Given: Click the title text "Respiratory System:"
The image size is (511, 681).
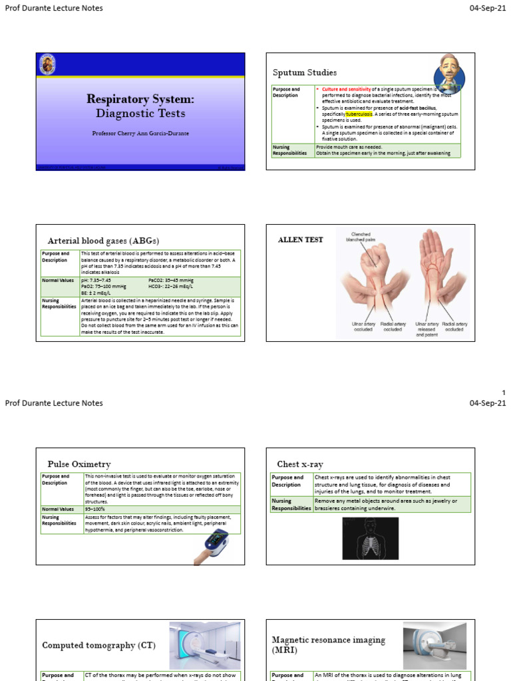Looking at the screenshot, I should pyautogui.click(x=140, y=99).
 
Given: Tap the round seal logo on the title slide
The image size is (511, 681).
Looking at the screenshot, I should pyautogui.click(x=48, y=65).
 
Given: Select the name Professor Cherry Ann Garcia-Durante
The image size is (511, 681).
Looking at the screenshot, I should pyautogui.click(x=140, y=133).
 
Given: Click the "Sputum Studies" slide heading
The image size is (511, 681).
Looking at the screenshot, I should pyautogui.click(x=305, y=72).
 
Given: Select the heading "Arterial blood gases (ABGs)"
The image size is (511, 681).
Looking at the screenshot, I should pyautogui.click(x=103, y=240).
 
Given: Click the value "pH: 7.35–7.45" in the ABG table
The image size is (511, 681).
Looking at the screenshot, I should pyautogui.click(x=96, y=281).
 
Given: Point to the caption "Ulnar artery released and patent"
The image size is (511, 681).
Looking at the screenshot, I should pyautogui.click(x=427, y=329).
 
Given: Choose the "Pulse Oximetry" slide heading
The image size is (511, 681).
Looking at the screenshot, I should pyautogui.click(x=79, y=464).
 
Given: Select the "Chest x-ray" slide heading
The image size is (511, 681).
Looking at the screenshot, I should pyautogui.click(x=299, y=464).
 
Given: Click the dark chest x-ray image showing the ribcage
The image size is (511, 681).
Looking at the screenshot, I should pyautogui.click(x=369, y=538).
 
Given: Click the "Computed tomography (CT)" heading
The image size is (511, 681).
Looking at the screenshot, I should pyautogui.click(x=98, y=645).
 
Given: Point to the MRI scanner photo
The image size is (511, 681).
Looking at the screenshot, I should pyautogui.click(x=434, y=646).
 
